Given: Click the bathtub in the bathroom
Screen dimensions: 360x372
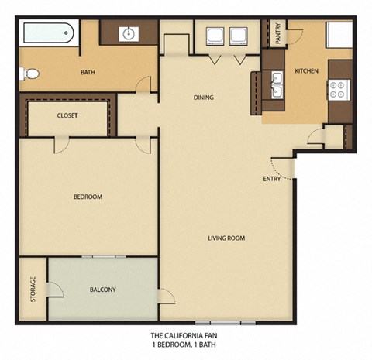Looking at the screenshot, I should click(48, 34).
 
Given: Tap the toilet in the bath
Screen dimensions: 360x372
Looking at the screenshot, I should click(29, 74).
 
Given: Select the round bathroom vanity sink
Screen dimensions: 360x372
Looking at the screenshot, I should click(129, 33).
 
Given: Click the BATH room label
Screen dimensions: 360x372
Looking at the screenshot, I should click(88, 74).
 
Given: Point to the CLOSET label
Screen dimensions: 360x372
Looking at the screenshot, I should click(67, 116).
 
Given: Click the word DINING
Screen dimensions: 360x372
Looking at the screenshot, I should click(204, 98).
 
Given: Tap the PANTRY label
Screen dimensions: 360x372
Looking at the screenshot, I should click(279, 35).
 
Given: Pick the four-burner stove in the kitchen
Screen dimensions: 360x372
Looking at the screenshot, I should click(338, 90).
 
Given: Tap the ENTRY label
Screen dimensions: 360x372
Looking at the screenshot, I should click(272, 180).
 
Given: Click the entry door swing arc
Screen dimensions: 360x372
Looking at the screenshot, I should click(284, 168).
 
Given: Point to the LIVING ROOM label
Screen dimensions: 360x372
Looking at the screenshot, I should click(226, 238).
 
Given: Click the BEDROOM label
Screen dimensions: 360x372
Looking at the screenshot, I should click(88, 197).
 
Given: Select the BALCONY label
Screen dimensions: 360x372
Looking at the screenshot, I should click(103, 290).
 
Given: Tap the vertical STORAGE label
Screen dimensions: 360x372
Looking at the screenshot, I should click(33, 289).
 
